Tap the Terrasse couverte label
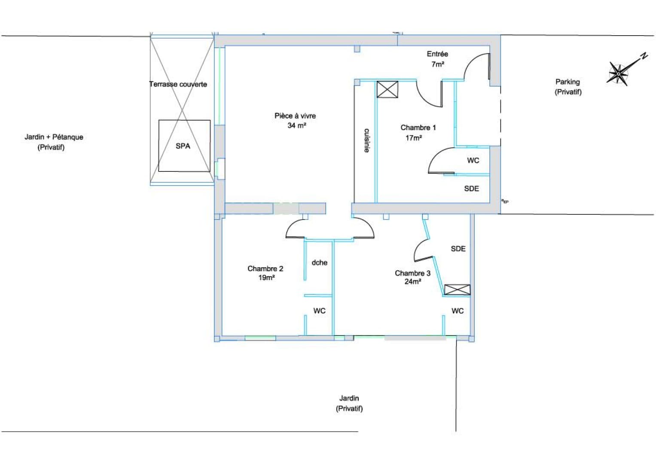178,84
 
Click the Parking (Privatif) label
568,87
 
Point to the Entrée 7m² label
437,59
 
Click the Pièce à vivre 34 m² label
295,120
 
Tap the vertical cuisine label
366,140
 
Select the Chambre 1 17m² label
418,132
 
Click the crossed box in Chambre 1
387,89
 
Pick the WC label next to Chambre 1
473,160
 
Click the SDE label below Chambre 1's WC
472,188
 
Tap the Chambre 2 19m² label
265,273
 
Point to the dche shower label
319,263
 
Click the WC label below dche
319,311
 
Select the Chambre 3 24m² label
413,277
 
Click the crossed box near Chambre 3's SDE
457,290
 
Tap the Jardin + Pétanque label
54,137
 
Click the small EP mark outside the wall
505,201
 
